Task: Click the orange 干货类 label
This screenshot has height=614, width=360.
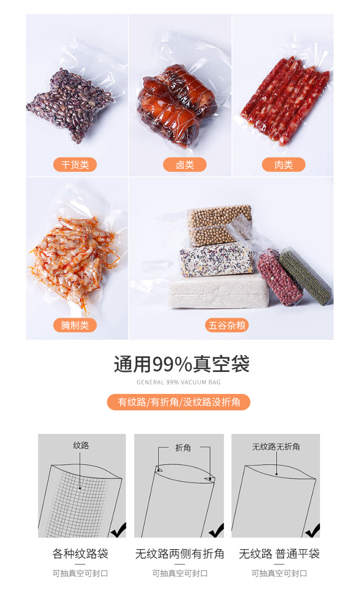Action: pyautogui.click(x=75, y=165)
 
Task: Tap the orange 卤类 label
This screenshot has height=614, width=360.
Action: pyautogui.click(x=185, y=165)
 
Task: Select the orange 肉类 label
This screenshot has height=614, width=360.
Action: pyautogui.click(x=283, y=165)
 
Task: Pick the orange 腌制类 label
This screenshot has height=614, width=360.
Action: pyautogui.click(x=75, y=325)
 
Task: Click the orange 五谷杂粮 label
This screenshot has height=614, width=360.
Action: pyautogui.click(x=227, y=325)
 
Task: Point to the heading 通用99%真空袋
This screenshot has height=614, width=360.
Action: pyautogui.click(x=182, y=364)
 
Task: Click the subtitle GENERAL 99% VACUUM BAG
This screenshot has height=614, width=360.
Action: pyautogui.click(x=179, y=382)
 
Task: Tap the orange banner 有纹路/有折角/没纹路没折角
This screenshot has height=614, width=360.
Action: pyautogui.click(x=179, y=402)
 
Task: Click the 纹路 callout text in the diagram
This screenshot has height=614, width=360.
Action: pyautogui.click(x=81, y=445)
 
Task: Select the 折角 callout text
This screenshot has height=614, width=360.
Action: pyautogui.click(x=183, y=448)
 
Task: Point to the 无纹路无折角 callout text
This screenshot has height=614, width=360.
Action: pyautogui.click(x=276, y=447)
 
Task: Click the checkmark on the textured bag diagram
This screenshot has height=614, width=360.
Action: pyautogui.click(x=118, y=530)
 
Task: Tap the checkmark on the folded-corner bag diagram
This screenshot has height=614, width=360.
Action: pyautogui.click(x=216, y=531)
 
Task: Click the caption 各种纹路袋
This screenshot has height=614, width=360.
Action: pyautogui.click(x=80, y=554)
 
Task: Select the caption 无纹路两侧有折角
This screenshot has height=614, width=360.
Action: pyautogui.click(x=180, y=554)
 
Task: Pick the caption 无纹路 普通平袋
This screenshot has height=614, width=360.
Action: pyautogui.click(x=279, y=554)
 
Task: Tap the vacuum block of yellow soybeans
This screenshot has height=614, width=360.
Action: pyautogui.click(x=219, y=225)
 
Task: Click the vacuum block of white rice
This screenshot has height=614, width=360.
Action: pyautogui.click(x=218, y=292)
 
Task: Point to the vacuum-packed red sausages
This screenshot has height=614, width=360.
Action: pyautogui.click(x=285, y=101)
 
